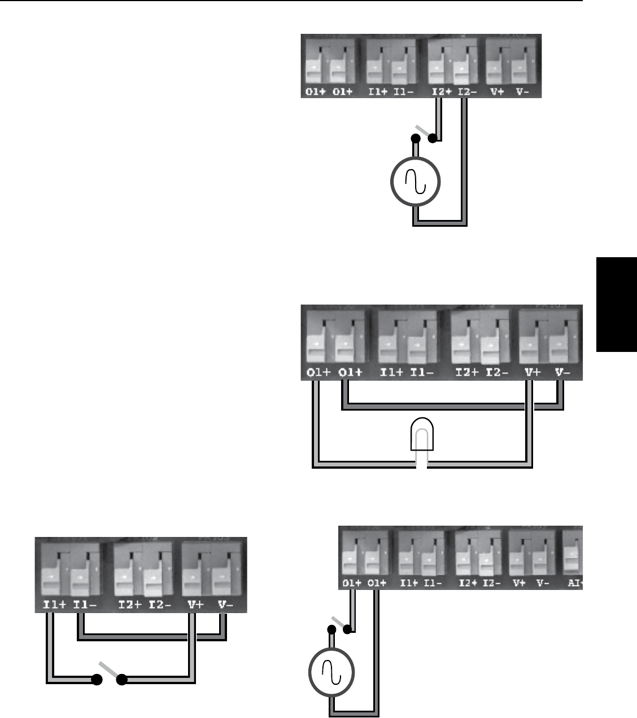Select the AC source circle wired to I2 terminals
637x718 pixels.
tap(416, 182)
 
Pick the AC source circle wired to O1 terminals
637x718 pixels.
tap(331, 672)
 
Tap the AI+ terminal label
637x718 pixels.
tap(575, 583)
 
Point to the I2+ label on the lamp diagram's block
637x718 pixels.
tap(466, 373)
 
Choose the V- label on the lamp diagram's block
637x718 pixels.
tap(562, 373)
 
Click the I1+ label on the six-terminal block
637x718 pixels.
tap(54, 605)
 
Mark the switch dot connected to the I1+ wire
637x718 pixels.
tap(97, 680)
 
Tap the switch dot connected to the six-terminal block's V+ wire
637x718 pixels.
tap(121, 680)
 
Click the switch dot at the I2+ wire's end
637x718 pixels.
tap(433, 138)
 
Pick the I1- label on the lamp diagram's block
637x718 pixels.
tap(421, 373)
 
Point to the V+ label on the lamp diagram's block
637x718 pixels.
tap(532, 373)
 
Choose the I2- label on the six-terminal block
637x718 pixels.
tap(160, 605)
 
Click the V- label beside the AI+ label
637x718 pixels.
tap(543, 583)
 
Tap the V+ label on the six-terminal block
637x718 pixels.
tap(196, 605)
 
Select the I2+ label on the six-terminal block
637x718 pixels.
tap(129, 605)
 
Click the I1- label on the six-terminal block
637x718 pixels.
tap(84, 605)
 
